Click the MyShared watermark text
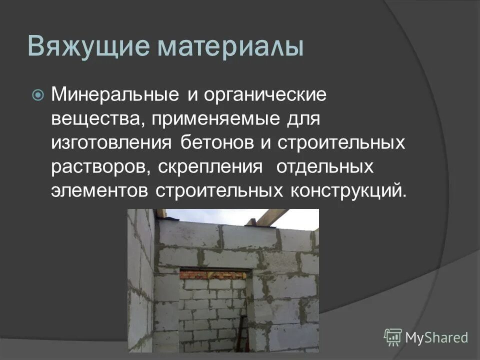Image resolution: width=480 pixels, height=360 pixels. [436, 337]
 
